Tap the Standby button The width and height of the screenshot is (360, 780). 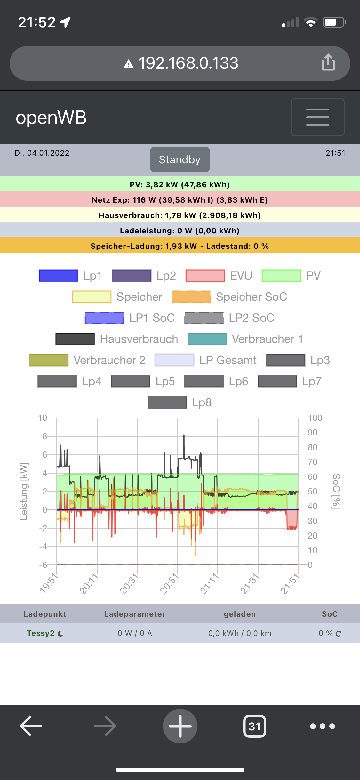[x=180, y=159]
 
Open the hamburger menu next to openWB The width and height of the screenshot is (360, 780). [x=317, y=117]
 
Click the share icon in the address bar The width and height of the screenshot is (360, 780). [x=328, y=62]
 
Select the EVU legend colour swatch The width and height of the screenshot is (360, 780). [x=205, y=276]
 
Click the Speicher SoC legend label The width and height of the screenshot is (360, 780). [x=252, y=297]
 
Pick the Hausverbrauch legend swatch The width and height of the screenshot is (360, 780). [x=75, y=339]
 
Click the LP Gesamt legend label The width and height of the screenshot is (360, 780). [x=228, y=360]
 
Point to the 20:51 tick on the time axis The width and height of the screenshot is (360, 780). [x=170, y=583]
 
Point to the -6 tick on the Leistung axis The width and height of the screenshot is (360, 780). [x=43, y=565]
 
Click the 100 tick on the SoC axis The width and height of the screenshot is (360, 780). [x=315, y=418]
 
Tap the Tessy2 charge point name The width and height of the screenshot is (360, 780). [x=41, y=633]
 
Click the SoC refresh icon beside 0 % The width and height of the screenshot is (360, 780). [x=339, y=633]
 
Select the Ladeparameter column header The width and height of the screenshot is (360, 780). [x=135, y=614]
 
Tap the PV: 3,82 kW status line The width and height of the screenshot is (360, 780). [x=180, y=184]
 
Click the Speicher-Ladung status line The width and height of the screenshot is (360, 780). [x=180, y=246]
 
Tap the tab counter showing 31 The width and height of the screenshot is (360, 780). [x=255, y=726]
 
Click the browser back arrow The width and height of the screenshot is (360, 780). [x=31, y=726]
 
